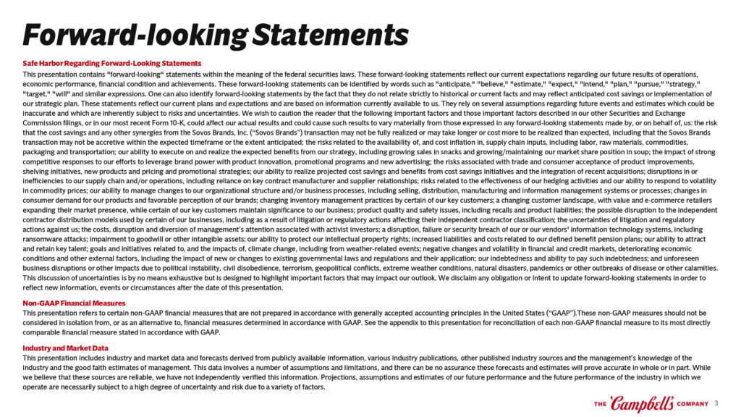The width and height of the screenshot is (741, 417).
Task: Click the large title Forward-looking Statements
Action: pos(215,33)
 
